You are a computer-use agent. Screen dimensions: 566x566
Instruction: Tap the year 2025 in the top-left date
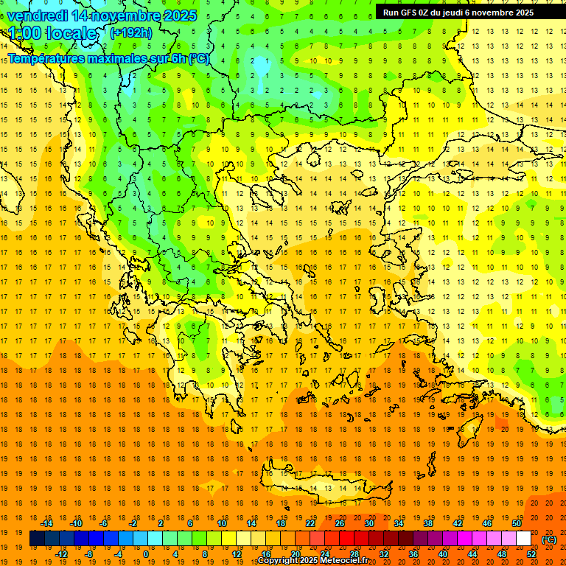pos(177,15)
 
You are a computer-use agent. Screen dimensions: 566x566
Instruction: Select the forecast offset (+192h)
pos(131,32)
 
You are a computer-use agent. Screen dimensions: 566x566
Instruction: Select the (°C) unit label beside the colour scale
pos(549,539)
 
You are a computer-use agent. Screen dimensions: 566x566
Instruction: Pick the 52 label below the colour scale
pos(531,554)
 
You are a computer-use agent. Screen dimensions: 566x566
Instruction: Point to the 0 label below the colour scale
pos(146,554)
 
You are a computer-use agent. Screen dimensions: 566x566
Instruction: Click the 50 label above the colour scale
pos(517,523)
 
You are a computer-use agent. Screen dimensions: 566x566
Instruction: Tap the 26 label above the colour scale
pos(340,523)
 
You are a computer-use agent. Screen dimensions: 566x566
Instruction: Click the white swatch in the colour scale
pos(524,539)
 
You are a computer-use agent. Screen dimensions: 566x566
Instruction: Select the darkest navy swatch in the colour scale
pos(37,539)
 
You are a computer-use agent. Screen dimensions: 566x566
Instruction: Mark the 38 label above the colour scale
pos(428,523)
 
